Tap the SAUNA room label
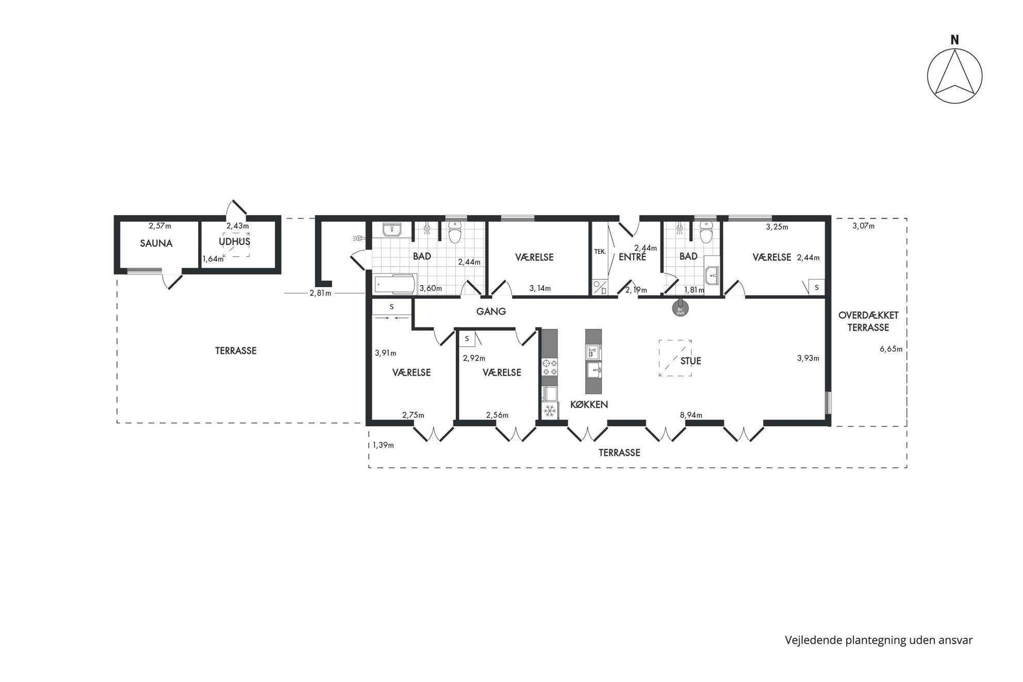click(156, 243)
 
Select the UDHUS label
click(235, 241)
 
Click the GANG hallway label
click(491, 311)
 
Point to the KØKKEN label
click(589, 405)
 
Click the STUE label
click(690, 361)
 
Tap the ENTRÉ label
click(632, 257)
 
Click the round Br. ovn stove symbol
click(680, 308)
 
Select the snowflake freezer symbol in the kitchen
click(550, 410)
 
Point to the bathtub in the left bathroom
click(394, 284)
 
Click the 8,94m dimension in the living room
click(691, 415)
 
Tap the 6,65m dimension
click(891, 349)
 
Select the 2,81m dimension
click(320, 293)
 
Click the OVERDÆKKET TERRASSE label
click(868, 321)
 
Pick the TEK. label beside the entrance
click(600, 252)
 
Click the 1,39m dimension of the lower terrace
click(383, 445)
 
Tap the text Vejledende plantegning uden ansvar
click(879, 640)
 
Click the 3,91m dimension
click(386, 353)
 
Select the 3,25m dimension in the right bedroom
click(777, 227)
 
